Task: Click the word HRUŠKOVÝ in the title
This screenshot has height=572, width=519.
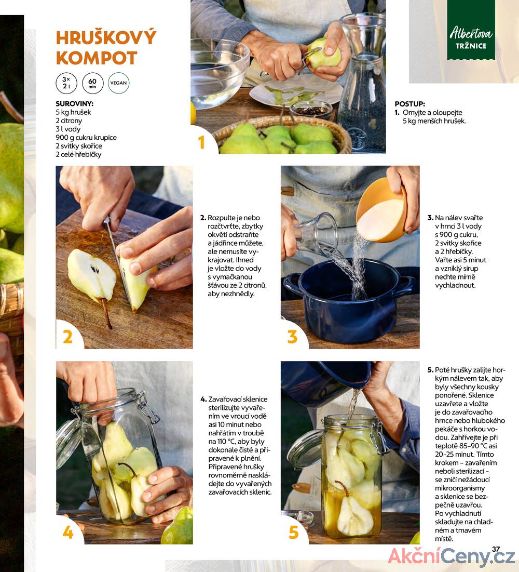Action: point(106,37)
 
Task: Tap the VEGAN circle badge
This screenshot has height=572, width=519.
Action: point(118,83)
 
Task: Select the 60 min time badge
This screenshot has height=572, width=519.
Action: point(92,83)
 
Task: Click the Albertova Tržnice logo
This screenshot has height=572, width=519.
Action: point(471,38)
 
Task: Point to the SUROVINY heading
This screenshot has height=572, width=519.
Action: point(74,103)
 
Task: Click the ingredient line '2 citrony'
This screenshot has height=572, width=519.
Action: point(69,121)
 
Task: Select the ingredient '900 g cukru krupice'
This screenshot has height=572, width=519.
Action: point(86,138)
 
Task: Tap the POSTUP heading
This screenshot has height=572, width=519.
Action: point(409,104)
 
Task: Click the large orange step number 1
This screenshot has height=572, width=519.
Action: point(201,142)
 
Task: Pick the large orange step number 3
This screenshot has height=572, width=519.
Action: point(292,337)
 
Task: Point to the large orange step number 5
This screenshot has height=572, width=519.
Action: point(293,532)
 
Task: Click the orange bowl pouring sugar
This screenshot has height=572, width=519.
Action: point(381,210)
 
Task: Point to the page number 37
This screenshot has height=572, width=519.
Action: point(496,549)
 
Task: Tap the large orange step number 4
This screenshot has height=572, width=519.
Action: point(68,532)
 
